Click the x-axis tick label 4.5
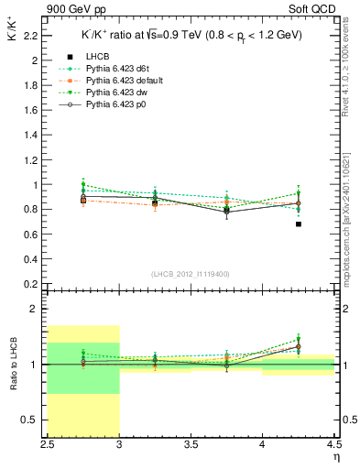[x=333, y=444]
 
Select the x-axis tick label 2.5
[x=47, y=444]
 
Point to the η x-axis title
[x=335, y=456]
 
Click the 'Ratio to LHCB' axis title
[x=12, y=364]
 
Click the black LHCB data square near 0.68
[x=299, y=224]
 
